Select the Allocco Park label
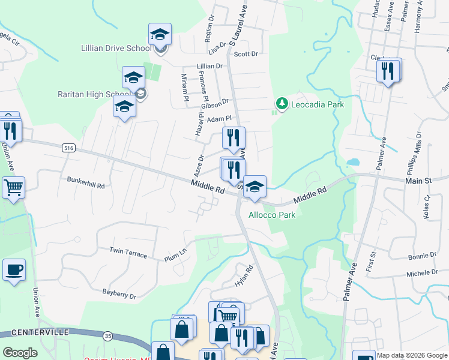271,214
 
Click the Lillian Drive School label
116,48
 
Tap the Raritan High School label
95,94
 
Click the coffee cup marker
14,270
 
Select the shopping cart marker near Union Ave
13,188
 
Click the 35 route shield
107,335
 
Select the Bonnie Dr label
422,256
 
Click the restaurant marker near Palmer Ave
388,71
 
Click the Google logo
20,353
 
